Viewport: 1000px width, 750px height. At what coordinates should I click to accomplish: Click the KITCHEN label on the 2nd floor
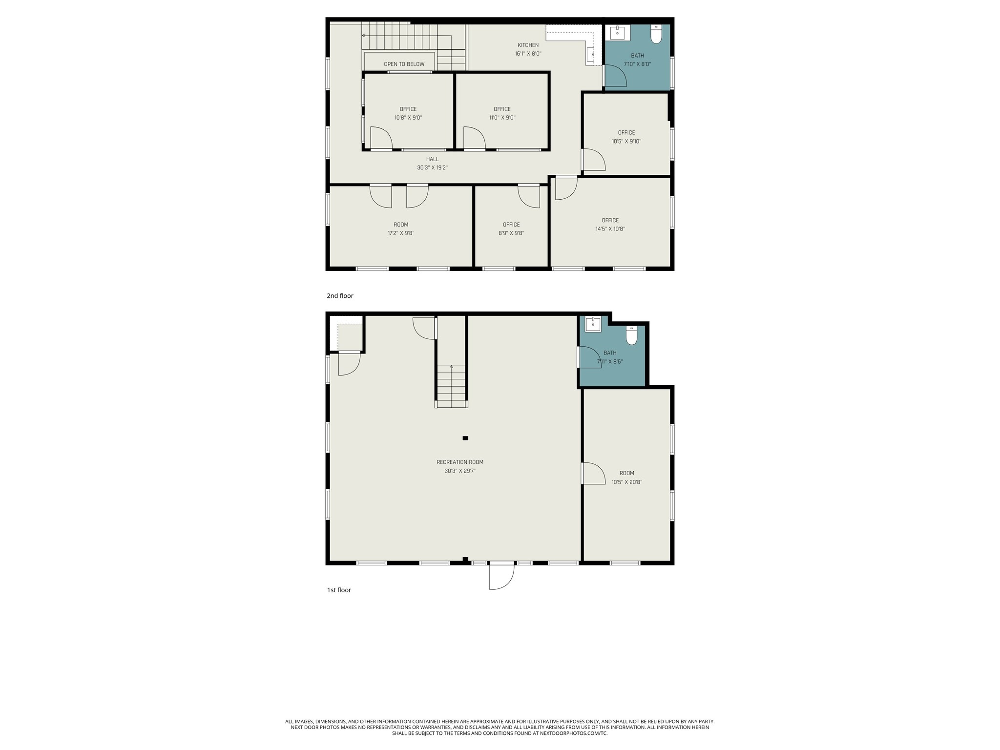(528, 45)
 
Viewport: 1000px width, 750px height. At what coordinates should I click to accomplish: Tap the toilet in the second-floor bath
(656, 35)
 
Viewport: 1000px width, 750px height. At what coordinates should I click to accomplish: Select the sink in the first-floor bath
(593, 324)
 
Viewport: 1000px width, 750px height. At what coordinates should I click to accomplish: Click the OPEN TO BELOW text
(404, 64)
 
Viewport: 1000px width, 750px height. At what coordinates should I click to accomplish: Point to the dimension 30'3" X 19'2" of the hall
(432, 167)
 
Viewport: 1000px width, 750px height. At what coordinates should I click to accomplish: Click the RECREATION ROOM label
(460, 462)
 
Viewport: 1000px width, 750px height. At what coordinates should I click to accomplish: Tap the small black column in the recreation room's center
(465, 438)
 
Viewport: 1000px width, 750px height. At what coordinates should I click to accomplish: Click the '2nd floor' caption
(340, 296)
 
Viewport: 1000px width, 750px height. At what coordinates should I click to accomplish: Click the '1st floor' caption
(339, 590)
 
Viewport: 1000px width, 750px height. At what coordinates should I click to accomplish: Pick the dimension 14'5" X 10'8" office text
(610, 229)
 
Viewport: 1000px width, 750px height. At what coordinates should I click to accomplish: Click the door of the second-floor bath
(615, 76)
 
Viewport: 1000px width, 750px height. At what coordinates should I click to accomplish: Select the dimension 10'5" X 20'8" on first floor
(626, 482)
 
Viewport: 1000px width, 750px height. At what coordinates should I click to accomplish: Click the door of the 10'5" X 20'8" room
(594, 473)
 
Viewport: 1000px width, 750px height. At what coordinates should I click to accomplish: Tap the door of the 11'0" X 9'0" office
(474, 138)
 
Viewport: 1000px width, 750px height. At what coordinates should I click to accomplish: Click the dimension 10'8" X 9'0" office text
(408, 118)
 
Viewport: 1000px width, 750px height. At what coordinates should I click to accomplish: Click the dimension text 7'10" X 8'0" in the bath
(637, 64)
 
